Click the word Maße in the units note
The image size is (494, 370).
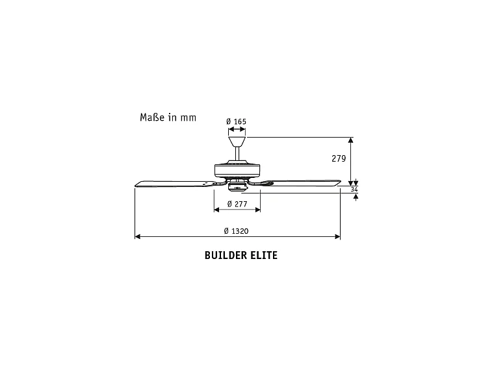152,117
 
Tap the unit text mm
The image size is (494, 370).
188,118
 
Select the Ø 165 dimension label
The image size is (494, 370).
236,121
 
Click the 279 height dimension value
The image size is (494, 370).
338,159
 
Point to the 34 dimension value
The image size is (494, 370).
354,189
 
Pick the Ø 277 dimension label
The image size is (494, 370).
237,204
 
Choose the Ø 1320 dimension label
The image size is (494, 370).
236,231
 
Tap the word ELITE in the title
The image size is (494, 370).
264,255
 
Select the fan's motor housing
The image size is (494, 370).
237,171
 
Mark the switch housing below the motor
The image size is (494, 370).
237,187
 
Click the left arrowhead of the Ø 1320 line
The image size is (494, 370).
137,237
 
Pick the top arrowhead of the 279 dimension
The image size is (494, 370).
352,140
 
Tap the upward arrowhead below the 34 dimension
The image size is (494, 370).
355,197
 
